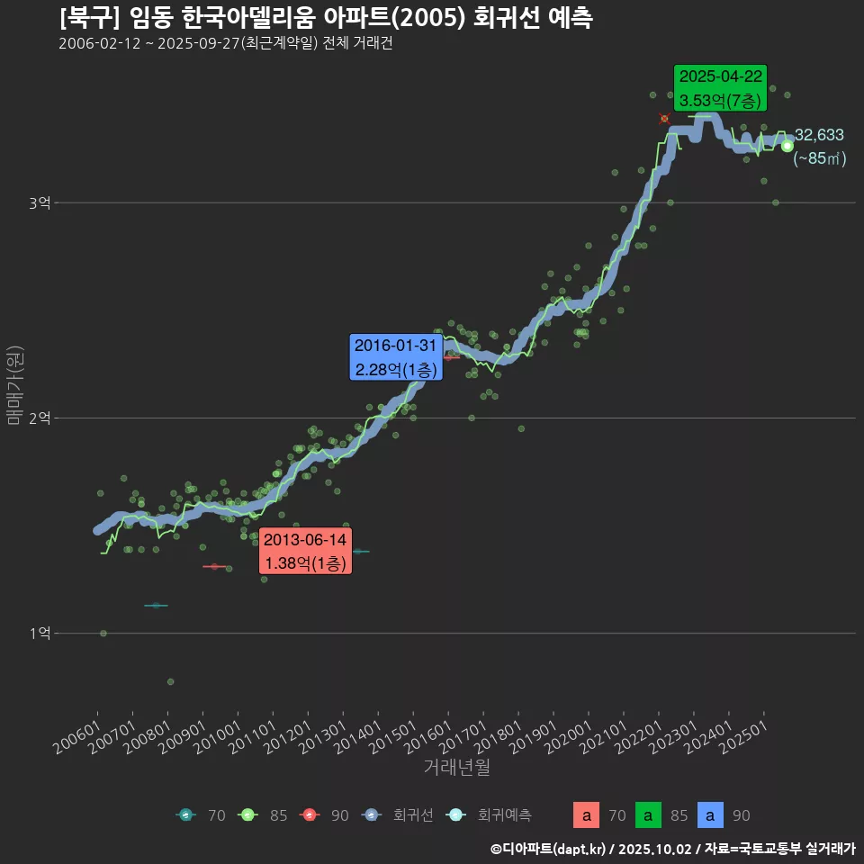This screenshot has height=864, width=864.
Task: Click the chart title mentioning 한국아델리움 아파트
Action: [x=326, y=18]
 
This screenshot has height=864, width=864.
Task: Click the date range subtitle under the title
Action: [x=225, y=44]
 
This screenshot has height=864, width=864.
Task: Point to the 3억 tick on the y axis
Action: [x=39, y=203]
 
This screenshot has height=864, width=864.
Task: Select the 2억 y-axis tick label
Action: [x=39, y=418]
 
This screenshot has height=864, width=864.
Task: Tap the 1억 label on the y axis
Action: [x=39, y=634]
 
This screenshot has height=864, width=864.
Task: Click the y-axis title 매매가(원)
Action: [x=14, y=385]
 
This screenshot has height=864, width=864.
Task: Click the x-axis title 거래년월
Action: [x=456, y=768]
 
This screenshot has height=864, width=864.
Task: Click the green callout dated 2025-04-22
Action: [x=721, y=87]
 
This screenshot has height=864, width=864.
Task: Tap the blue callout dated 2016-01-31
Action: [x=395, y=357]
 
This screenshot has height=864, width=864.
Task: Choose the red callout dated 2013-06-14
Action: [x=304, y=552]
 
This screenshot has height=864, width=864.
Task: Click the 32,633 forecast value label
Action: [x=819, y=136]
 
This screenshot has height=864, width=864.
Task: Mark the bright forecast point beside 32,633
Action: [x=787, y=146]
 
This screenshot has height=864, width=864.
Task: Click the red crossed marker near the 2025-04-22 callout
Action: [x=664, y=119]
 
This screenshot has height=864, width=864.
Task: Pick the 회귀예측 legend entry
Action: [x=490, y=815]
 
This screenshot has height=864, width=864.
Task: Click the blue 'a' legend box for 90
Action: [x=710, y=815]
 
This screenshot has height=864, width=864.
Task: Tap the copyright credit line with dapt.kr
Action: [x=672, y=848]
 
